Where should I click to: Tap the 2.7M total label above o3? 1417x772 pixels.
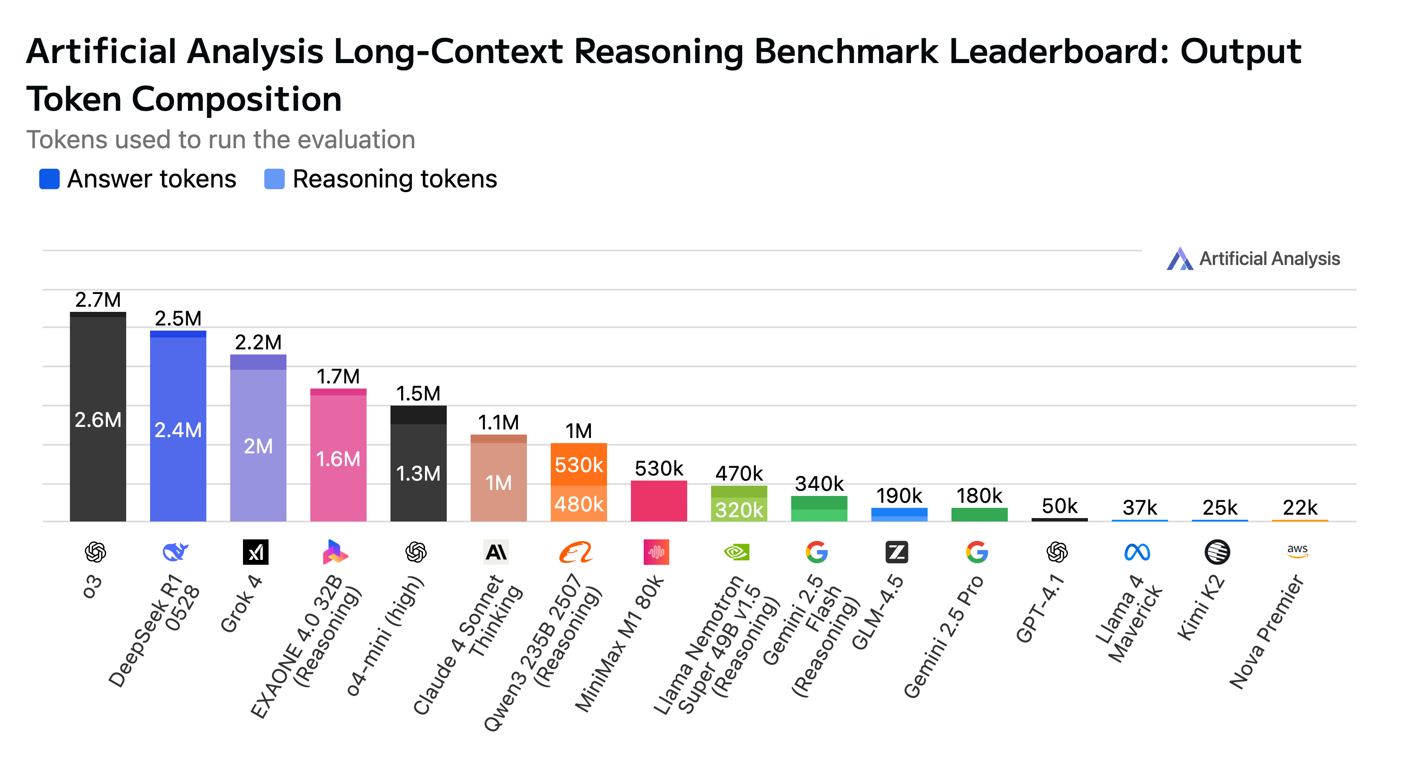click(98, 300)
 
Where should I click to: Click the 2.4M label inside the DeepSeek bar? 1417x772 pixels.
click(178, 430)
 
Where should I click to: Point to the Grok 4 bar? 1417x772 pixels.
click(258, 440)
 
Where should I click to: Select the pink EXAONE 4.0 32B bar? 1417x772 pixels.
click(338, 456)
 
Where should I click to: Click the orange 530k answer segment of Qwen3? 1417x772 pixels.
click(578, 465)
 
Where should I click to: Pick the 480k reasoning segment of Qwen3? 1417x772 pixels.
click(578, 504)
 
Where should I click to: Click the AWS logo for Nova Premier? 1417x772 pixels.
click(1297, 551)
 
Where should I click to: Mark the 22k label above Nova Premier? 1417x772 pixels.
click(1300, 507)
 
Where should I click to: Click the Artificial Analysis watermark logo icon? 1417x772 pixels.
click(1180, 259)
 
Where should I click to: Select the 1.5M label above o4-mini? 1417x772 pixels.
click(418, 394)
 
